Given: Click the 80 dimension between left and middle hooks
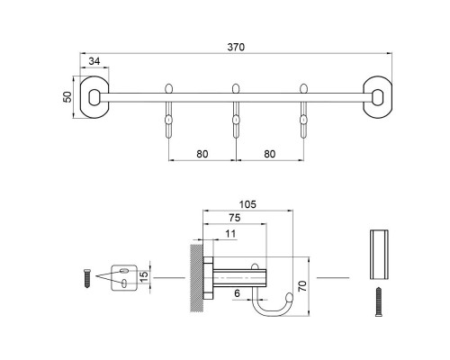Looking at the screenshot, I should coord(202,153).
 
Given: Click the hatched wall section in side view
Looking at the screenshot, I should coord(195,278).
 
